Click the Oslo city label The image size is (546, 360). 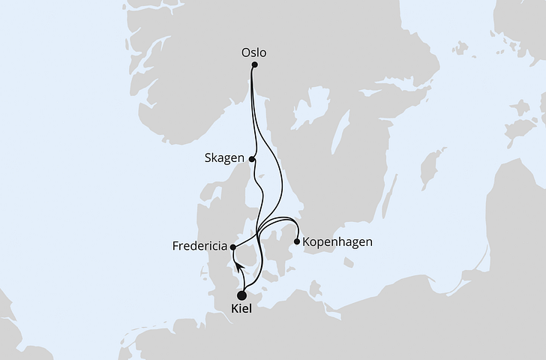[254, 52]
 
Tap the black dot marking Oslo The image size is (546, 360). [254, 65]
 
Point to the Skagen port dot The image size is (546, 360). [253, 159]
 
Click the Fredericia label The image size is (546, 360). [200, 246]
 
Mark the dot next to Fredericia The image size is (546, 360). [233, 247]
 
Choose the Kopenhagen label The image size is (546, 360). [337, 242]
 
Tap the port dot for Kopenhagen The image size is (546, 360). [298, 241]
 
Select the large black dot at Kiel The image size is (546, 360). [242, 295]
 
